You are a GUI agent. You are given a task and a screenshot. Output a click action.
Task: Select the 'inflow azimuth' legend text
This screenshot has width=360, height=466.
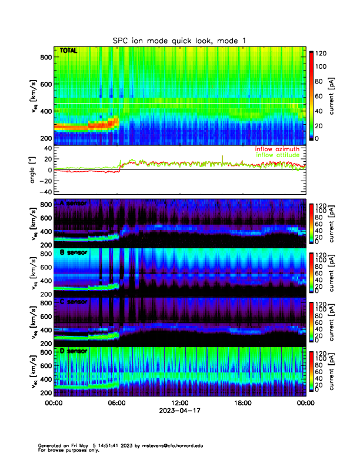277,149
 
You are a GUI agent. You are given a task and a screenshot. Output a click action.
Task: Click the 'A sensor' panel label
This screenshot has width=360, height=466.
73,204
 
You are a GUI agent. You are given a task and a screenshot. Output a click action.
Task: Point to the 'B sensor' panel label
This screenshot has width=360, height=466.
73,252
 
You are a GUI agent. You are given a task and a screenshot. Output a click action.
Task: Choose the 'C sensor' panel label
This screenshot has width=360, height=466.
73,302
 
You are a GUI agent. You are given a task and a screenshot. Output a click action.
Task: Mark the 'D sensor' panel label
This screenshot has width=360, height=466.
73,351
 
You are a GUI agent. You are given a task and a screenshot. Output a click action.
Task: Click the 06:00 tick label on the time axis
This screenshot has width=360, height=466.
116,404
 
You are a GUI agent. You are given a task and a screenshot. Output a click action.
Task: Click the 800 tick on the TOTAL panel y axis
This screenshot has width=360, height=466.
45,57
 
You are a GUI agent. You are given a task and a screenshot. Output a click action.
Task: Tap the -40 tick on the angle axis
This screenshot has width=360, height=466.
44,192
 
